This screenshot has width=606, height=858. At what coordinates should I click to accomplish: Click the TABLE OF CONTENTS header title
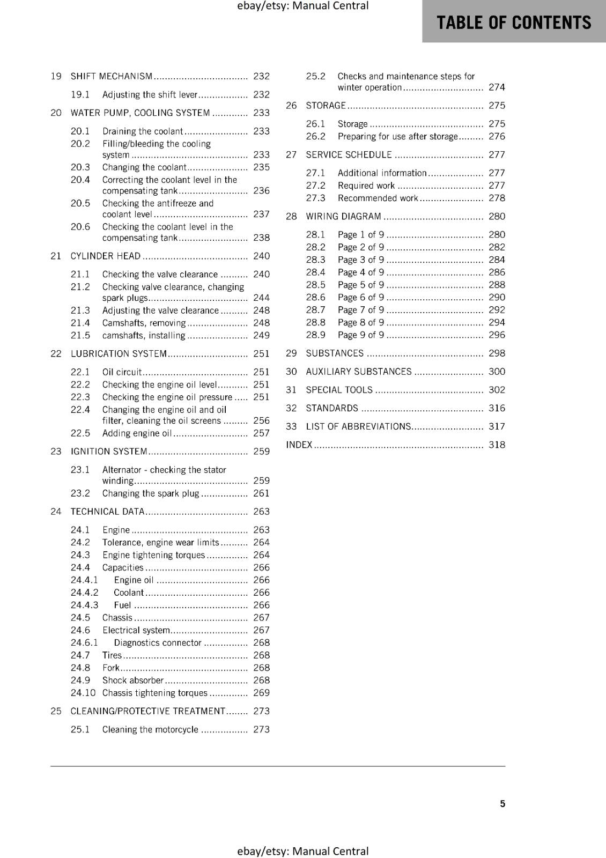pyautogui.click(x=514, y=23)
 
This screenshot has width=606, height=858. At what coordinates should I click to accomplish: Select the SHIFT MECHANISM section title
pyautogui.click(x=112, y=77)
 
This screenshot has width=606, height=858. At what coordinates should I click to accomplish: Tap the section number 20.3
pyautogui.click(x=80, y=167)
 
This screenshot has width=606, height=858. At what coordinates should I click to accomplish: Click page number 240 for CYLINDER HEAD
pyautogui.click(x=261, y=256)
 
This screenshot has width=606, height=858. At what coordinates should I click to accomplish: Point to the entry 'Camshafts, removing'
pyautogui.click(x=144, y=323)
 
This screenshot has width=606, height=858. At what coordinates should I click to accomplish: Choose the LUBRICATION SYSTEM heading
pyautogui.click(x=119, y=354)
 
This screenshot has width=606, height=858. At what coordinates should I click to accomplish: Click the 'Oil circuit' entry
pyautogui.click(x=122, y=372)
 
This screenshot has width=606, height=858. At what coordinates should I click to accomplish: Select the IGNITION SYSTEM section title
pyautogui.click(x=109, y=452)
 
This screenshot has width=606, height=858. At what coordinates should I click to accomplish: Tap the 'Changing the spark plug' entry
pyautogui.click(x=151, y=493)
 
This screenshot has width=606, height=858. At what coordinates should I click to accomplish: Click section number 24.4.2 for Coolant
pyautogui.click(x=85, y=593)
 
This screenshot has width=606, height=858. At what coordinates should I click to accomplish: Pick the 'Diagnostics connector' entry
pyautogui.click(x=158, y=643)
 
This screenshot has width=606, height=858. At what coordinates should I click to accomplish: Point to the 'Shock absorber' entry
pyautogui.click(x=133, y=681)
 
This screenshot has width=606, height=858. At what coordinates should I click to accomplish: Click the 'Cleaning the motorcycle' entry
pyautogui.click(x=150, y=730)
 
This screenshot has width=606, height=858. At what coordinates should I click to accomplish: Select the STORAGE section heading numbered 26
pyautogui.click(x=326, y=106)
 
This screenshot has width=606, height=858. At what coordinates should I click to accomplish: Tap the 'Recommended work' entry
pyautogui.click(x=378, y=198)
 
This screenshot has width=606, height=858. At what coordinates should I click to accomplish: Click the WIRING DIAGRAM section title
pyautogui.click(x=343, y=217)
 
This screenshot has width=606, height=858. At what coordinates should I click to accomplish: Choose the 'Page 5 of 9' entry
pyautogui.click(x=361, y=285)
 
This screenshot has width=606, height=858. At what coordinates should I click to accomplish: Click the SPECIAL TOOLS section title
pyautogui.click(x=339, y=390)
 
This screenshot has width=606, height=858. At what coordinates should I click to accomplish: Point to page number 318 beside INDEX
pyautogui.click(x=497, y=445)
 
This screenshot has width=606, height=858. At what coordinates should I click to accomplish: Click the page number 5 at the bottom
pyautogui.click(x=502, y=804)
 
